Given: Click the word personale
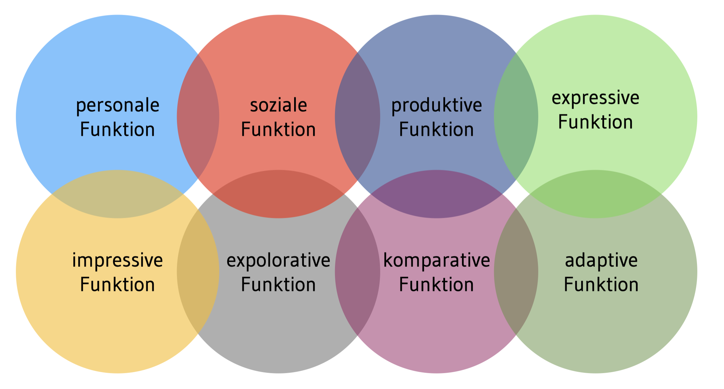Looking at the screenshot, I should [x=118, y=106].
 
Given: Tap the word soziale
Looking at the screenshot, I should [x=278, y=105].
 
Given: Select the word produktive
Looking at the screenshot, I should [x=436, y=106].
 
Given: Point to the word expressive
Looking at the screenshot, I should [x=595, y=98].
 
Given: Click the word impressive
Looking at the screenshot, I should [x=118, y=261].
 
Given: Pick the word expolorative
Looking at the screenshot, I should [x=278, y=261].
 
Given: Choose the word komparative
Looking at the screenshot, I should [x=436, y=261].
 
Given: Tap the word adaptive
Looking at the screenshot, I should [x=601, y=261].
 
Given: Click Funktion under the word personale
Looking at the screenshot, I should [x=118, y=129].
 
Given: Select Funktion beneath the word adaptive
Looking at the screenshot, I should [x=601, y=284].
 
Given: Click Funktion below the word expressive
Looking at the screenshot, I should [x=595, y=122].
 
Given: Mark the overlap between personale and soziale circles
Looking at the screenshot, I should [x=198, y=116].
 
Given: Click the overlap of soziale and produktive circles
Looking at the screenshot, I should [x=357, y=116].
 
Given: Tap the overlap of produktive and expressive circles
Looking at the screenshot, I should [x=516, y=116].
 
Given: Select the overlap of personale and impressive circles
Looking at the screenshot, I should [x=118, y=194].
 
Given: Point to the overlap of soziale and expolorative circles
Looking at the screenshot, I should [x=278, y=194].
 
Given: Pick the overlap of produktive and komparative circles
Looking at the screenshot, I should [x=436, y=194].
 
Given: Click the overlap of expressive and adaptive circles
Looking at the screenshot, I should [x=595, y=194].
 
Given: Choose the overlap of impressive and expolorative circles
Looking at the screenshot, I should [x=198, y=271].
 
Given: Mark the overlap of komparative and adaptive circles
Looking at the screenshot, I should [x=516, y=271].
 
